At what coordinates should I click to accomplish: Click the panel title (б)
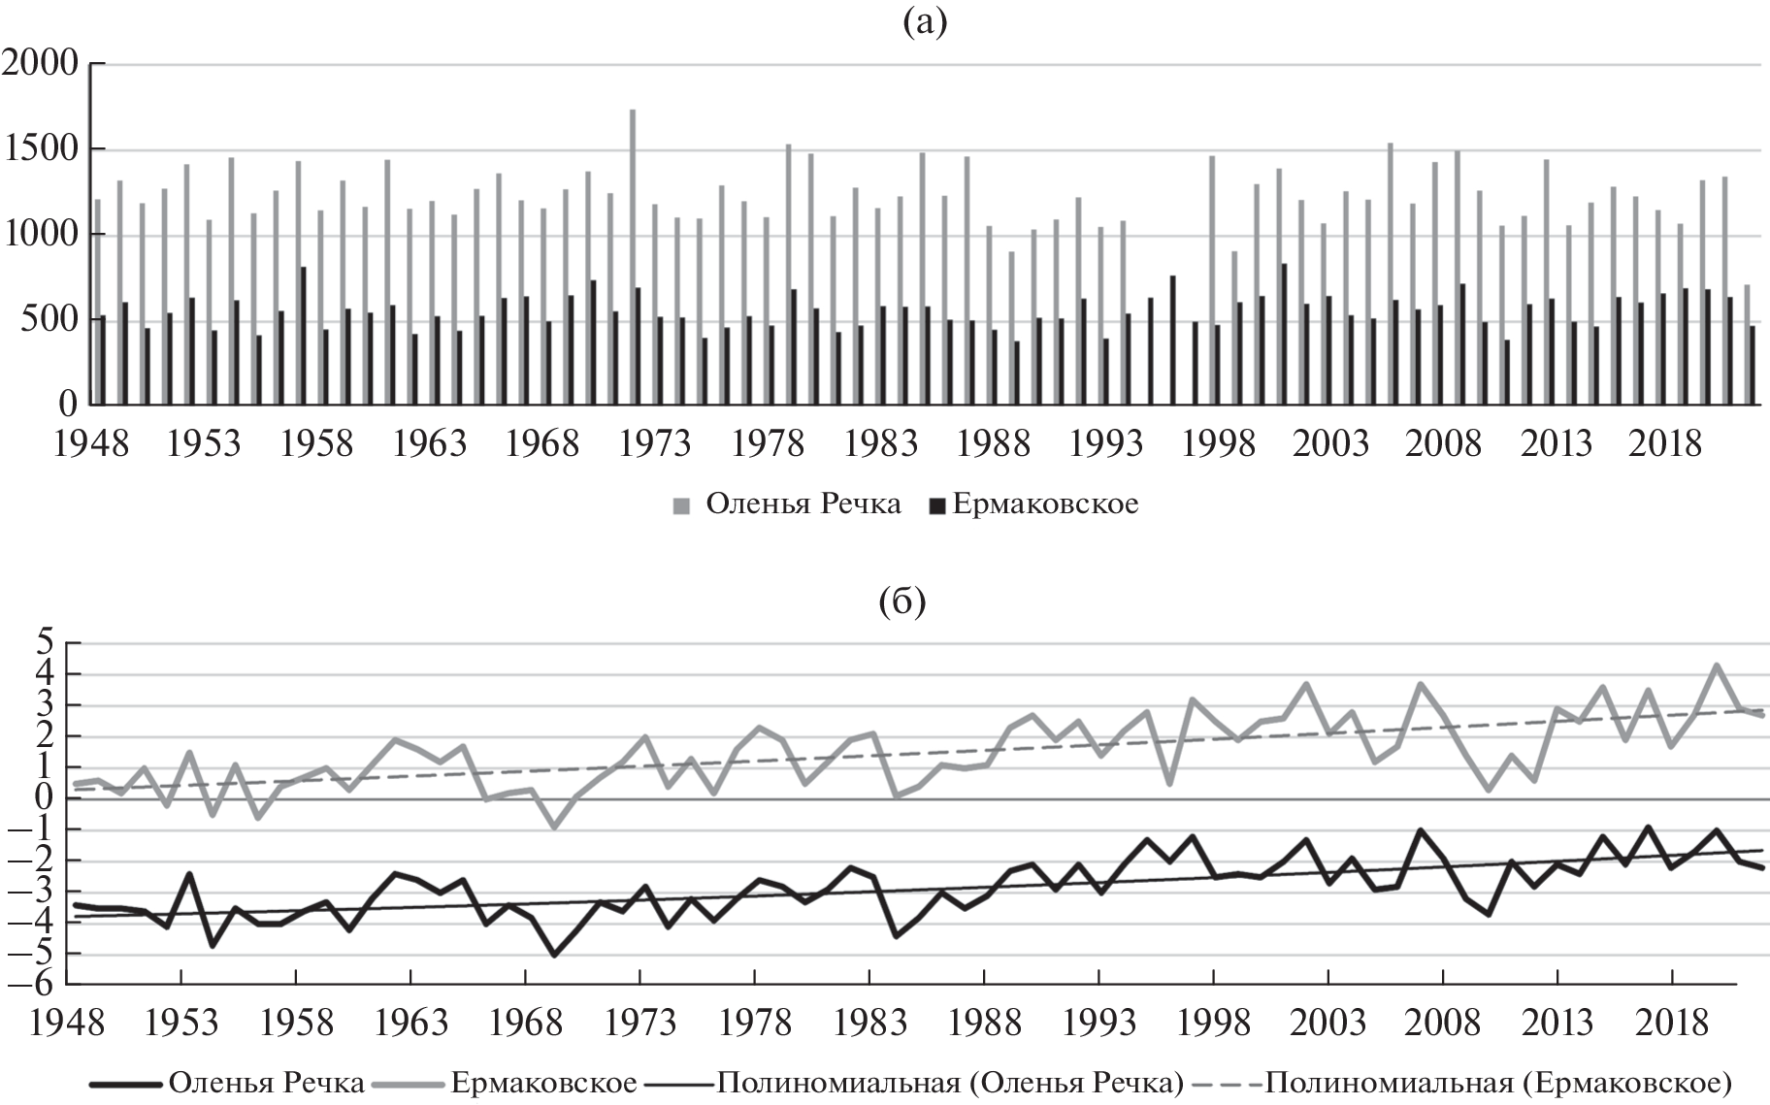tap(901, 602)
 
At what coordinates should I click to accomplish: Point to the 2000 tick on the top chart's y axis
tap(41, 64)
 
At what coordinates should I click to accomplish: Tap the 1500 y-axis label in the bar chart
tap(41, 149)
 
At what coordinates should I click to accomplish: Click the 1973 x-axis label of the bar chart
tap(656, 444)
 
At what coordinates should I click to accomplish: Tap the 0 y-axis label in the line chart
tap(47, 797)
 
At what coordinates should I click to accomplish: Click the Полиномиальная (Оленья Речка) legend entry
tap(949, 1082)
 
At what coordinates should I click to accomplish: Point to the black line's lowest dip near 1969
tap(554, 955)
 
